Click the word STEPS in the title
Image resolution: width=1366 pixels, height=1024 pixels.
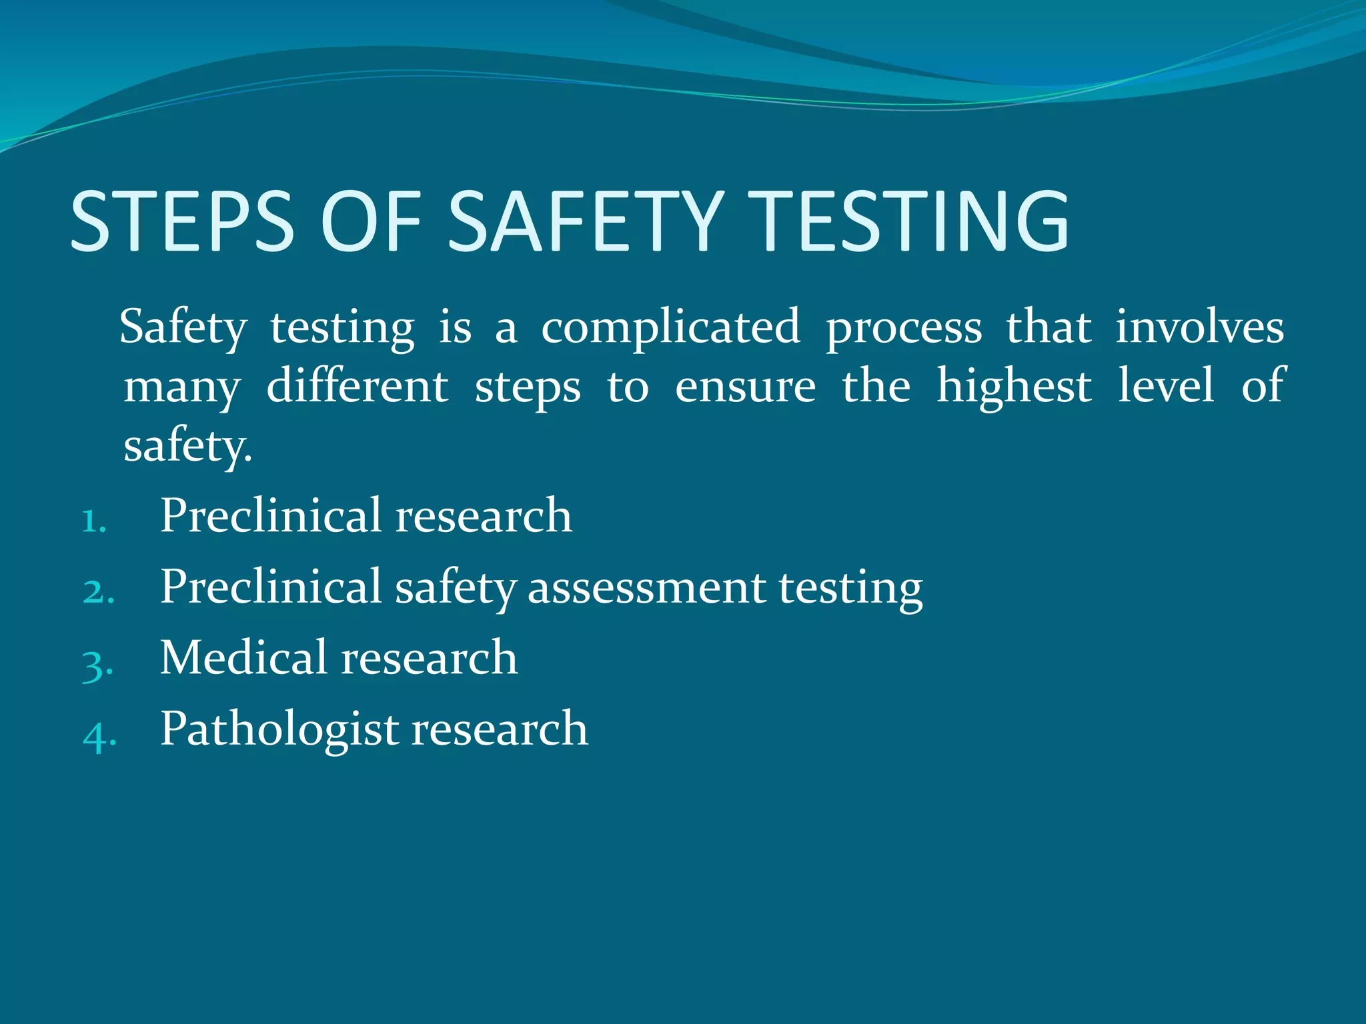(x=181, y=221)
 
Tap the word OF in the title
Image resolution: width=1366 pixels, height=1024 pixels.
(x=371, y=221)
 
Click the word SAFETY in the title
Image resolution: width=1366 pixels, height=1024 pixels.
(x=586, y=221)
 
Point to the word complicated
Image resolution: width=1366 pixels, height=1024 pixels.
(x=670, y=328)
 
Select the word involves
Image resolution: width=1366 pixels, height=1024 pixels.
(x=1199, y=327)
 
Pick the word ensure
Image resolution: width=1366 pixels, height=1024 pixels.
(x=745, y=388)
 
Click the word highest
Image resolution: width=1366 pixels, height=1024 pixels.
(x=1014, y=387)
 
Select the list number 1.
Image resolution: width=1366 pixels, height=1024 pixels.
(x=94, y=521)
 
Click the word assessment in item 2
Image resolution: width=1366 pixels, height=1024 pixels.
(x=646, y=588)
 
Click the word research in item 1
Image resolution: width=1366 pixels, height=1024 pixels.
(x=484, y=516)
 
